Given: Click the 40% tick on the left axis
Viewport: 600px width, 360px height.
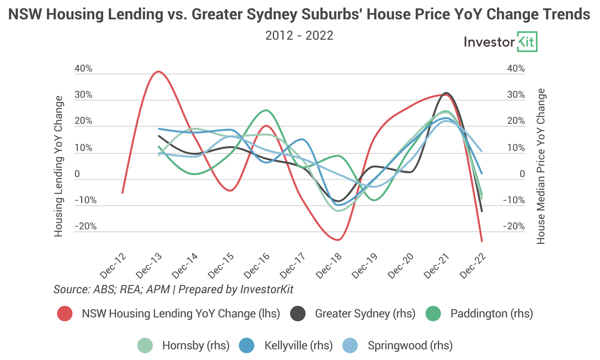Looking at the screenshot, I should [x=83, y=69].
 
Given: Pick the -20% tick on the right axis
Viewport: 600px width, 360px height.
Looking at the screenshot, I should [x=514, y=226].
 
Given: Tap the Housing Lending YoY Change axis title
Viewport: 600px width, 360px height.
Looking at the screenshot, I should [x=59, y=166].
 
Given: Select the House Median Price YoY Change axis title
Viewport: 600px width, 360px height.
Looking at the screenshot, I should [x=541, y=166].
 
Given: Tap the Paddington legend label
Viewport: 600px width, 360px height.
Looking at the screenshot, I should [x=491, y=314].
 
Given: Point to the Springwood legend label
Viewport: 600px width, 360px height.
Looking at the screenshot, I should [x=410, y=345].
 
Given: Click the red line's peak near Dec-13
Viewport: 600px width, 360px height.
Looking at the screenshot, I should [x=158, y=72].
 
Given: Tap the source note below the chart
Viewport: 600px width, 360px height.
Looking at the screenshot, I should [x=174, y=289].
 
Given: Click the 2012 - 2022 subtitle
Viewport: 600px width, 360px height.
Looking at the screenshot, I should [x=299, y=35].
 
